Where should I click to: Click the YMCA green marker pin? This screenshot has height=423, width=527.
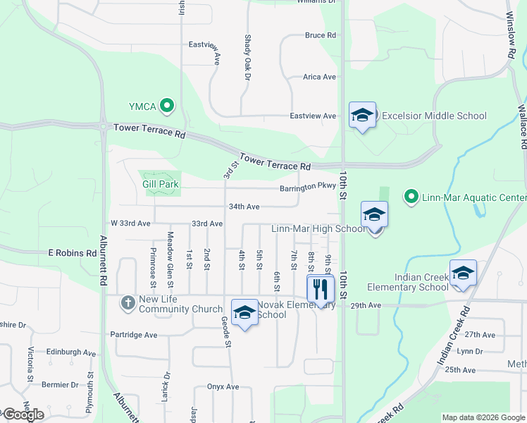tap(167, 106)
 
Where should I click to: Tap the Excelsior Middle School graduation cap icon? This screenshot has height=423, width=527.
tap(362, 115)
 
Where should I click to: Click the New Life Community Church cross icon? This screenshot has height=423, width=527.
tap(128, 303)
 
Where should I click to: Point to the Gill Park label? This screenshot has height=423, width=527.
tap(161, 184)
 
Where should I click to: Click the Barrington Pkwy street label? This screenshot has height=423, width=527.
tap(308, 188)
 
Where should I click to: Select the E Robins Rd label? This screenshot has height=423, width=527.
tap(73, 252)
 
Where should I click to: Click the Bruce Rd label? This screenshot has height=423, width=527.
tap(320, 35)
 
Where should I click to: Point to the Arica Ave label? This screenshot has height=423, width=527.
tap(319, 77)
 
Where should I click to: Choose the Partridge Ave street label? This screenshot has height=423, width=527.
tap(134, 335)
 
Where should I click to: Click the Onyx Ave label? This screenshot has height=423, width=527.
tap(223, 386)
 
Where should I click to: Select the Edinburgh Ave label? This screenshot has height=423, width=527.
tap(70, 352)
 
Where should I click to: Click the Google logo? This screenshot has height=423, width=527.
tap(23, 415)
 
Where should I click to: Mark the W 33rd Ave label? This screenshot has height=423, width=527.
tap(128, 223)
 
